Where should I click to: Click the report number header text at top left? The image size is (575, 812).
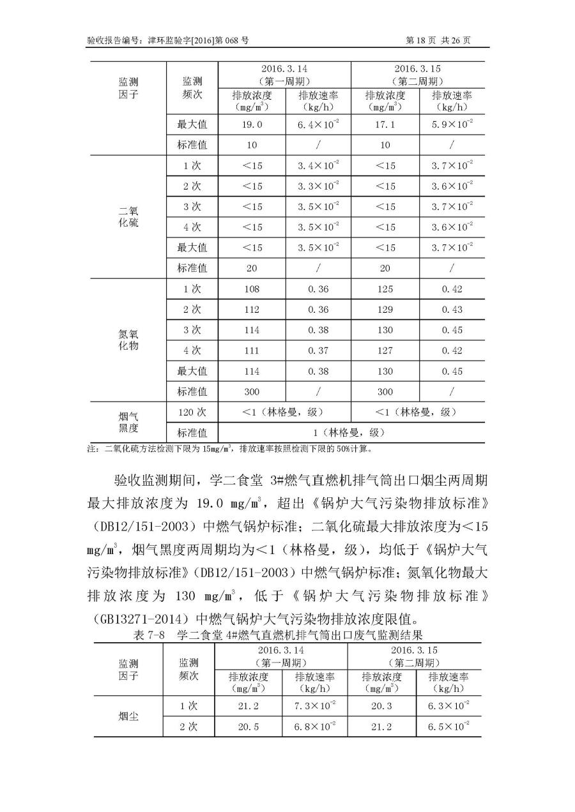coord(167,40)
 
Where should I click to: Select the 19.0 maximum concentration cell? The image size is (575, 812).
coord(252,124)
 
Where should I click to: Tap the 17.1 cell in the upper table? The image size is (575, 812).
coord(385,124)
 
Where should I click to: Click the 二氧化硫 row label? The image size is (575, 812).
coord(128,217)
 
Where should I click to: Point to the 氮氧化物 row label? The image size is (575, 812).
coord(128,340)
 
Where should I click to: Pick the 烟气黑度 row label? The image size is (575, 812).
coord(128,422)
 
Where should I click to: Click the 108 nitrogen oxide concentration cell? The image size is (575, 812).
coord(252,289)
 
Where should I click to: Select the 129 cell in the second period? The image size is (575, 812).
coord(385,310)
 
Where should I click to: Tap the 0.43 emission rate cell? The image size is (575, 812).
coord(452,310)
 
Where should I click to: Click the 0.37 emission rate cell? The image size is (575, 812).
coord(318,350)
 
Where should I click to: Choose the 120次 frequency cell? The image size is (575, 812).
coord(192,412)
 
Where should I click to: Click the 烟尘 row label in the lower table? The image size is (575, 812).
coord(128,716)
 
